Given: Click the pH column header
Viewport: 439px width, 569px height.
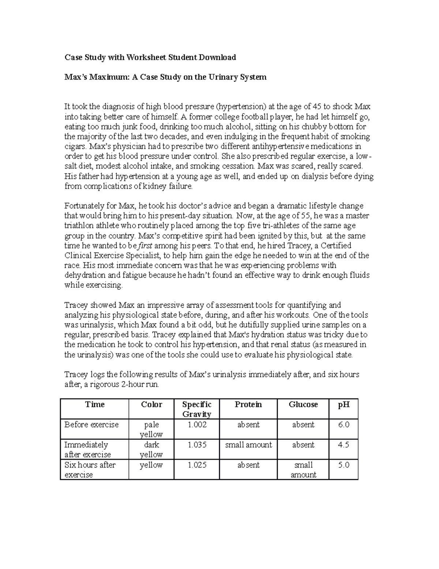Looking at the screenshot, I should [344, 404].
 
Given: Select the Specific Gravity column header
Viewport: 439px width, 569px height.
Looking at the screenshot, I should [197, 409].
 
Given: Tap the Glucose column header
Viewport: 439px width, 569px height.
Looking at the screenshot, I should [303, 404].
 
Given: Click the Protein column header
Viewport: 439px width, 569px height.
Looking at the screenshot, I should [248, 404].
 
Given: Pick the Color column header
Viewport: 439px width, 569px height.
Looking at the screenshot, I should [151, 404].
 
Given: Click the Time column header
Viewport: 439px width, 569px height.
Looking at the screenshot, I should [95, 404].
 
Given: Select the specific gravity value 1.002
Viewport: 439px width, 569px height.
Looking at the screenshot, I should [197, 425].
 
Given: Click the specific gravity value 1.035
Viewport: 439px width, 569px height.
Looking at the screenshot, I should [197, 445].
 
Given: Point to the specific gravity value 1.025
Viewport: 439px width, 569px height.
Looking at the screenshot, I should [197, 465].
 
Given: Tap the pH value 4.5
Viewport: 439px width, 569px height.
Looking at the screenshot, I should [344, 445].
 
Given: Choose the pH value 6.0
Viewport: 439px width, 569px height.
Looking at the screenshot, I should [344, 425].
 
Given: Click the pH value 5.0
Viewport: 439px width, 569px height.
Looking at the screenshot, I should [344, 465].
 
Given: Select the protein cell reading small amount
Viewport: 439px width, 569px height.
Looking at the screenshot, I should [248, 445].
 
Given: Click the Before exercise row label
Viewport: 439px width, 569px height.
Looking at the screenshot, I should [91, 425].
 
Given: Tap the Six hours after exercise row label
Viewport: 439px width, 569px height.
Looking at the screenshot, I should [90, 470].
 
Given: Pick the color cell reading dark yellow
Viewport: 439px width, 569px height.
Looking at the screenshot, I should [151, 450].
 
